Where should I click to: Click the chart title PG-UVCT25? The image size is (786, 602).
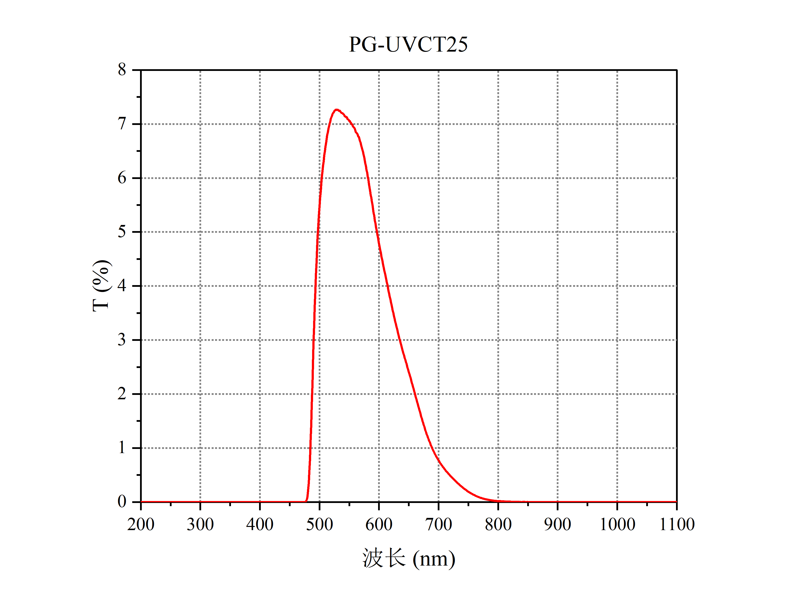(408, 45)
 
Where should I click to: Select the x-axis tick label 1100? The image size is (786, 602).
(677, 524)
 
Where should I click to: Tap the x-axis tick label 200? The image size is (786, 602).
(141, 524)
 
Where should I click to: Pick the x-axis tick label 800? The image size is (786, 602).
(498, 524)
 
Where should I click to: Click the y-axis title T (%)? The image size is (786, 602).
(101, 286)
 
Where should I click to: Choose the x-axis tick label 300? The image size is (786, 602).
(200, 524)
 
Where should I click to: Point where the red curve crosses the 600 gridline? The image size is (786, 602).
(379, 247)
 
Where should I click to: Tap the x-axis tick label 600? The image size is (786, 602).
(379, 524)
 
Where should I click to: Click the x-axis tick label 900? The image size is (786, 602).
(557, 524)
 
